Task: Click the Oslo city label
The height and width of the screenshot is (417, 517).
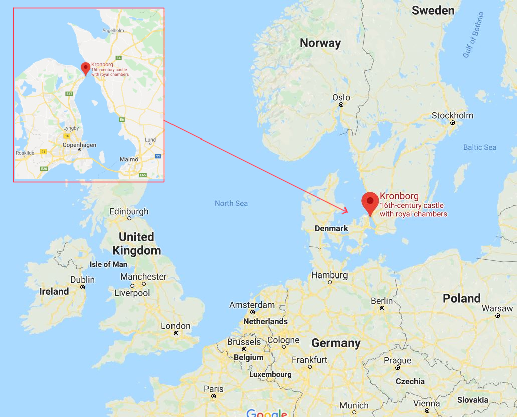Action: pos(341,97)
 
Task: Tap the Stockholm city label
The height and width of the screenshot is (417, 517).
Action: pos(452,116)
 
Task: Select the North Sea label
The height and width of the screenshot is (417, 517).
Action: pos(231,203)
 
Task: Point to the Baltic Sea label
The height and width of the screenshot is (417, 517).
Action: pos(480,147)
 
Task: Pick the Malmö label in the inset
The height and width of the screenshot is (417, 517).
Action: pos(129,159)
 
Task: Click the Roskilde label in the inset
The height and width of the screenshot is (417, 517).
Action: pos(25,152)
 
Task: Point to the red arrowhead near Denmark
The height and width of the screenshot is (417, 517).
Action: pos(345,211)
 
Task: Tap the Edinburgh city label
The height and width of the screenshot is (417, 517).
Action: pos(129,212)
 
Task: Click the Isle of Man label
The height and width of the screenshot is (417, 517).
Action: pos(108,264)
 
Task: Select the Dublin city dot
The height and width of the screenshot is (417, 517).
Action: pos(83,288)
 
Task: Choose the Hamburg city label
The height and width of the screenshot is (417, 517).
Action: pos(329,275)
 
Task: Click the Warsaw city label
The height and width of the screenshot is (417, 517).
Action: pos(497,308)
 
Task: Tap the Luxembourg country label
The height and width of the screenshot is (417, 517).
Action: pos(270,374)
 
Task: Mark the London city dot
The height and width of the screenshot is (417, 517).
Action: pos(176,333)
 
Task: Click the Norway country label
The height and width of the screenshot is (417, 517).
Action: pos(320,43)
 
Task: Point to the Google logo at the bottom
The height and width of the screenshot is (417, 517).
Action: pos(266,413)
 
